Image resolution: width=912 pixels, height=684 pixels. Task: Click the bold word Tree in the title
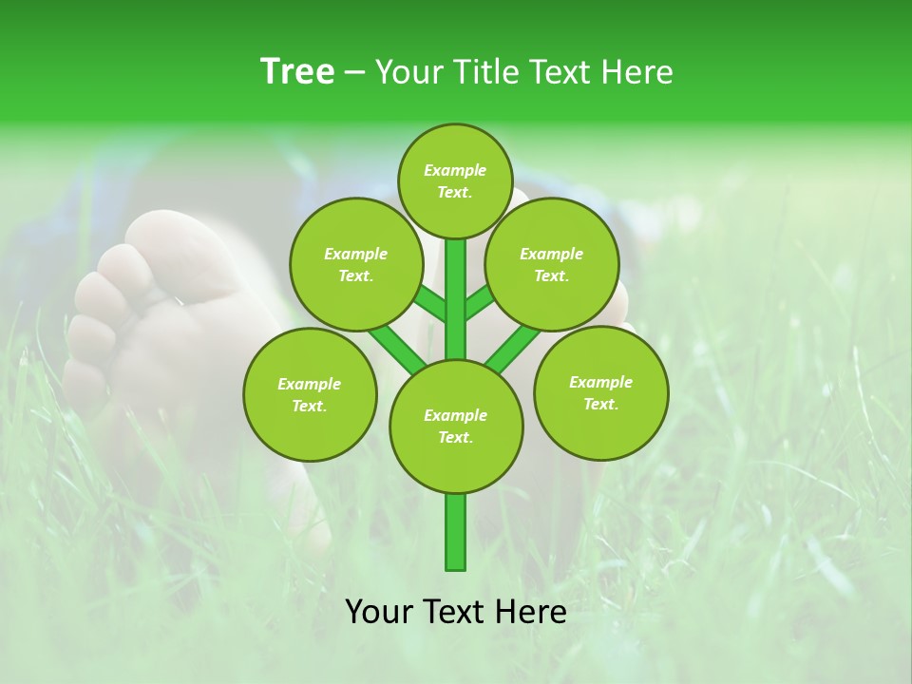pyautogui.click(x=297, y=72)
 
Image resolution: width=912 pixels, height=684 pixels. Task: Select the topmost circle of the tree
pyautogui.click(x=456, y=180)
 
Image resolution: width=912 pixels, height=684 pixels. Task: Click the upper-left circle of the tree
pyautogui.click(x=355, y=264)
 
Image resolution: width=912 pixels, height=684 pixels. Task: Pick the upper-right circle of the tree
pyautogui.click(x=552, y=264)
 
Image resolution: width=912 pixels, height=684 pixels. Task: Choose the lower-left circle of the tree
pyautogui.click(x=310, y=394)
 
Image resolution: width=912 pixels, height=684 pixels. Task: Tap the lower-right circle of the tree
pyautogui.click(x=600, y=392)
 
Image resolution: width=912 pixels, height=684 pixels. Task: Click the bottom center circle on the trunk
pyautogui.click(x=456, y=426)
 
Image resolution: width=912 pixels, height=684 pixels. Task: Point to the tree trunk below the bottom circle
pyautogui.click(x=456, y=532)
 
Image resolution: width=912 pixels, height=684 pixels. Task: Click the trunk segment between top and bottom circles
pyautogui.click(x=456, y=299)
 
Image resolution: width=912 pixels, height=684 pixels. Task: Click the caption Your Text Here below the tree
pyautogui.click(x=456, y=612)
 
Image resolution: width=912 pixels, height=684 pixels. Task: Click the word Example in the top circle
pyautogui.click(x=455, y=170)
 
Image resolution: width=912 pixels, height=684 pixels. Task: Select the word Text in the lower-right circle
pyautogui.click(x=600, y=404)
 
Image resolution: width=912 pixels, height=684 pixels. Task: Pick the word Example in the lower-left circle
pyautogui.click(x=309, y=384)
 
